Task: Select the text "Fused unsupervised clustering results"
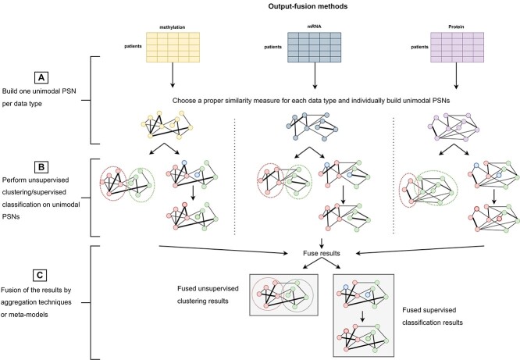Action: coord(202,298)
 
